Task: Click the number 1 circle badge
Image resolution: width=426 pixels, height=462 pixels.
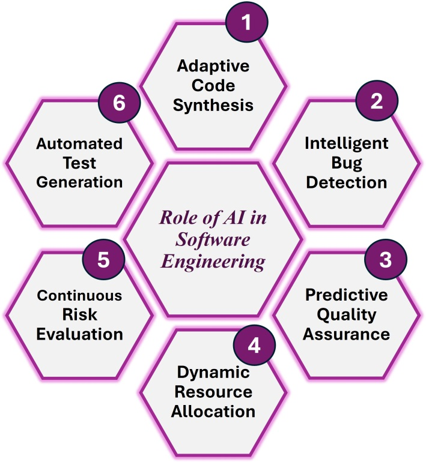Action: [x=246, y=22]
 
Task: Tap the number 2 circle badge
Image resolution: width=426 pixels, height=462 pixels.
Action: [x=376, y=101]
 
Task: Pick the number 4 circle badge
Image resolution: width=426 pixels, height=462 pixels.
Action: [x=254, y=347]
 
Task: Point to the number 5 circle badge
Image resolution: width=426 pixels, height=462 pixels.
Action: [x=102, y=260]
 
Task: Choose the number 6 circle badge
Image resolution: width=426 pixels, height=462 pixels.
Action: [x=119, y=103]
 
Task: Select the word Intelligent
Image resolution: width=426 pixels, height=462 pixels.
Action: [x=345, y=143]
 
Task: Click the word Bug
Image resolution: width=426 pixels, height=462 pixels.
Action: [x=345, y=163]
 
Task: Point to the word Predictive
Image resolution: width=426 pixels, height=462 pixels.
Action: [x=345, y=295]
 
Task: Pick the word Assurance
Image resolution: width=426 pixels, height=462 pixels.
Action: [x=345, y=334]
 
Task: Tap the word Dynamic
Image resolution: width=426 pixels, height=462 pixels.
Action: [x=213, y=373]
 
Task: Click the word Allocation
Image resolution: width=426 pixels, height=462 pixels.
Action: [x=213, y=412]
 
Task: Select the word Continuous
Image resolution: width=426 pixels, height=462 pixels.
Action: [x=80, y=296]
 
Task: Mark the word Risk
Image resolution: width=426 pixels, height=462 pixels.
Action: [x=80, y=314]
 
